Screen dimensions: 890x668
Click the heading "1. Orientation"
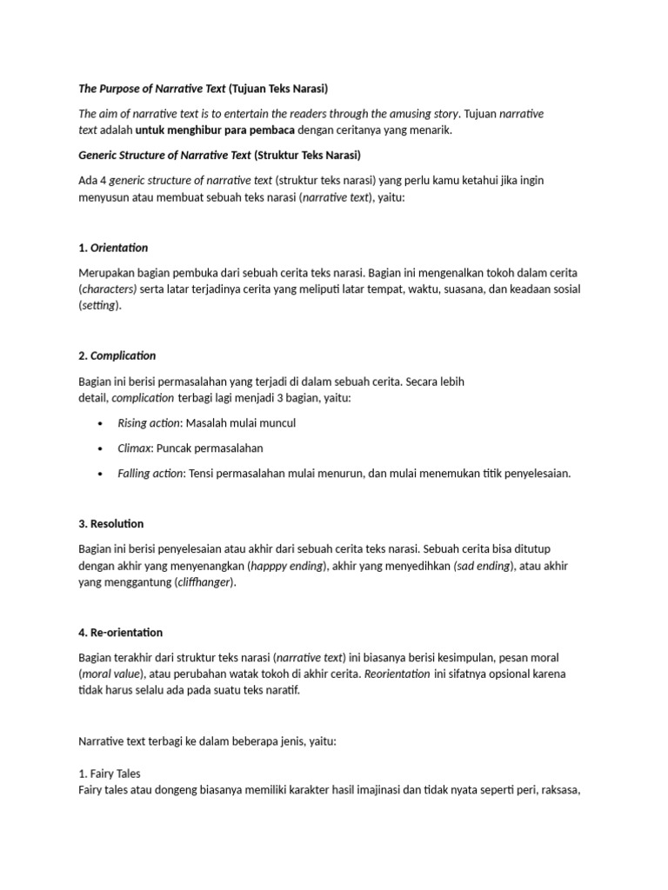[113, 248]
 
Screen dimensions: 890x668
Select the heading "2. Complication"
[117, 355]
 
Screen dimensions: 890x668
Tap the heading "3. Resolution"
[110, 524]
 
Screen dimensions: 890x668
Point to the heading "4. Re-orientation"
[120, 632]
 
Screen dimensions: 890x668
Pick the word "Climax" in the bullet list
[135, 448]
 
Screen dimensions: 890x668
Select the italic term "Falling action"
[150, 474]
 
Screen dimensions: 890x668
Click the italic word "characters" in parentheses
[110, 289]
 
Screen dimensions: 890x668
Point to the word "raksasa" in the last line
[558, 790]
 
